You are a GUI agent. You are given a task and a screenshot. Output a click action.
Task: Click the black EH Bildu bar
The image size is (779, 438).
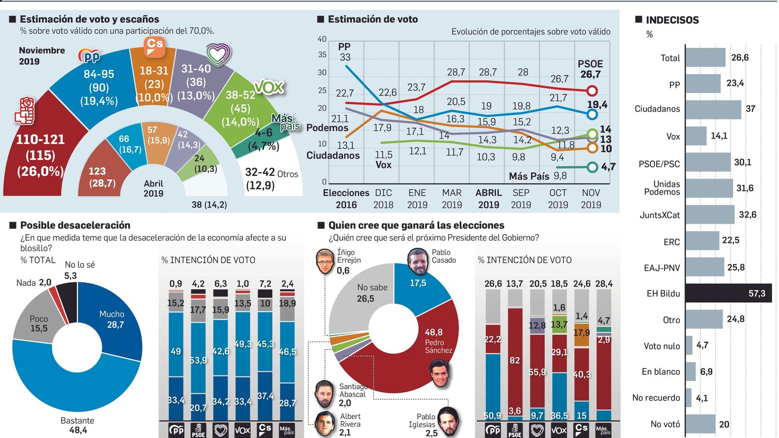coord(728,293)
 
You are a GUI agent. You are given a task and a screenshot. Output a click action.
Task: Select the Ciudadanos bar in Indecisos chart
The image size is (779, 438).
coord(713,109)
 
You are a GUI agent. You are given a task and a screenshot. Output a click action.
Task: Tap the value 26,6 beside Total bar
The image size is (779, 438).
coord(740,57)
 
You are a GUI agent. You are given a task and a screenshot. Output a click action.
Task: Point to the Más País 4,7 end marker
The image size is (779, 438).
coord(592,167)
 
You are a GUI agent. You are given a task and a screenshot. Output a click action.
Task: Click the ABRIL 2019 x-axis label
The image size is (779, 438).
coord(488,199)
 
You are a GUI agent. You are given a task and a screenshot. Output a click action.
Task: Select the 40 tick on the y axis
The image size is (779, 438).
coord(322,39)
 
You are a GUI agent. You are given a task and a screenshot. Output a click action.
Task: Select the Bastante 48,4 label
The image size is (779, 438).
coord(77,425)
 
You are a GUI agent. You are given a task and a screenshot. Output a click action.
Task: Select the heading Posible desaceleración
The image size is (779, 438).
coord(75,225)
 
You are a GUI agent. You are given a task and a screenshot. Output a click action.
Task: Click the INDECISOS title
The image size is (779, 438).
coord(671,20)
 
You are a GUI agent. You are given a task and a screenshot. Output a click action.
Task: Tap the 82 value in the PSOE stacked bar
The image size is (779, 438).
coord(515,360)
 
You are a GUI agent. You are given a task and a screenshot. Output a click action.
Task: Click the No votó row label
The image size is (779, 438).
coord(665,424)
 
